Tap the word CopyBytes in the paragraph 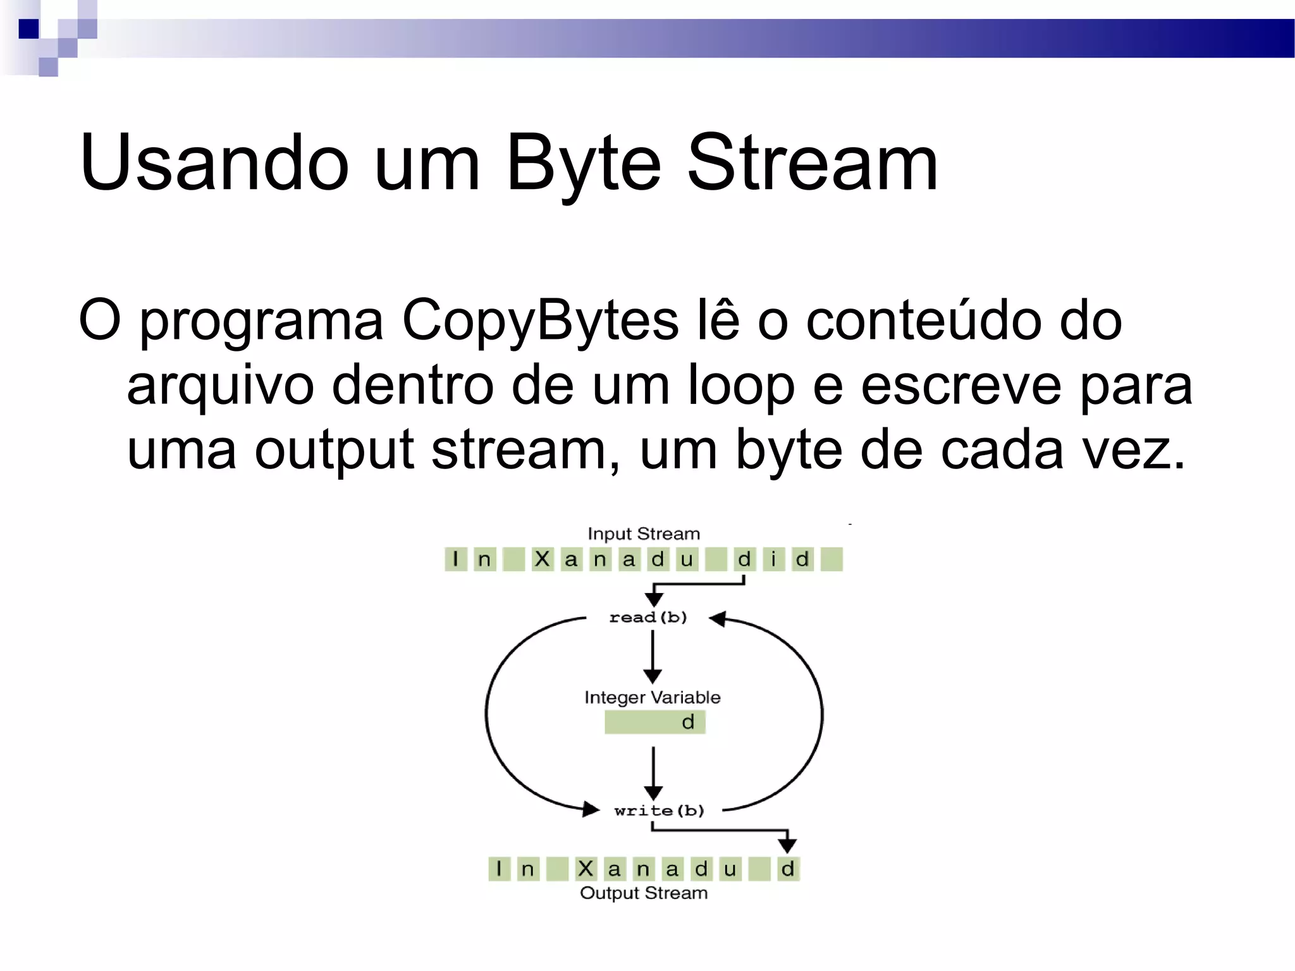coord(540,321)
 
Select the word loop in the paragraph coord(740,385)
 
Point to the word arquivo coord(220,386)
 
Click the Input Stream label coord(644,534)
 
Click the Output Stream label coord(644,893)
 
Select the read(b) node coord(648,617)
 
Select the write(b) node coord(659,810)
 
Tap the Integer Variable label coord(652,697)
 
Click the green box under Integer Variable coord(654,722)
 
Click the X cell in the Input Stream coord(542,559)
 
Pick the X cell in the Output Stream coord(586,869)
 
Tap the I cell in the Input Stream coord(455,559)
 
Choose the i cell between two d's coord(773,559)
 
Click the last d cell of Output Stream coord(787,869)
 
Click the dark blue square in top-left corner coord(29,29)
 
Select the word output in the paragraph coord(334,450)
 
